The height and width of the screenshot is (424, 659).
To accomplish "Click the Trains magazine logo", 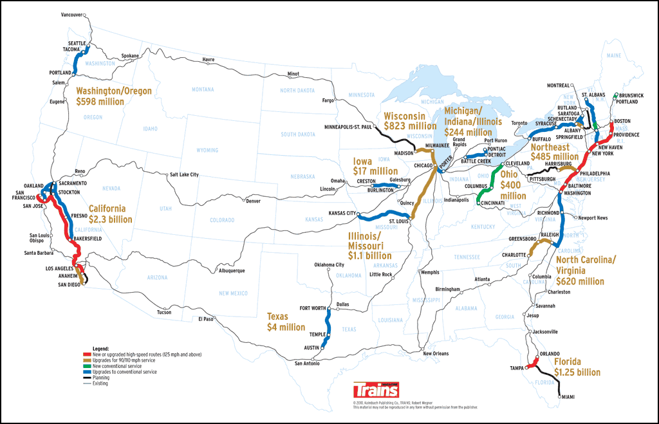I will pos(376,391).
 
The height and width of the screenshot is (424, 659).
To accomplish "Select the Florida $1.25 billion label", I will pos(577,367).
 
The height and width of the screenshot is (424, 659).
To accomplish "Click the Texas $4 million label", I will pos(286,322).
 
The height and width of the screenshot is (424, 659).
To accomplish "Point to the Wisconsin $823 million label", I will pos(410,121).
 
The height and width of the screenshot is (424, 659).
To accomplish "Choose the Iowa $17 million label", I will pos(375,166).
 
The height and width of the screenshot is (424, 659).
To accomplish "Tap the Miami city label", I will pos(568,396).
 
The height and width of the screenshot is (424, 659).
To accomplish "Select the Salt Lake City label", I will pos(183,174).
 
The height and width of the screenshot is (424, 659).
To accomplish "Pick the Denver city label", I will pos(253,201).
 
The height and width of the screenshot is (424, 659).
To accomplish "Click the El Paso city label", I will pos(205,318).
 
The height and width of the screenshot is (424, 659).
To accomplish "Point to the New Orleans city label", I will pos(436,353).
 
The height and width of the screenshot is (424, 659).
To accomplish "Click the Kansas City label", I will pos(342,212).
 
